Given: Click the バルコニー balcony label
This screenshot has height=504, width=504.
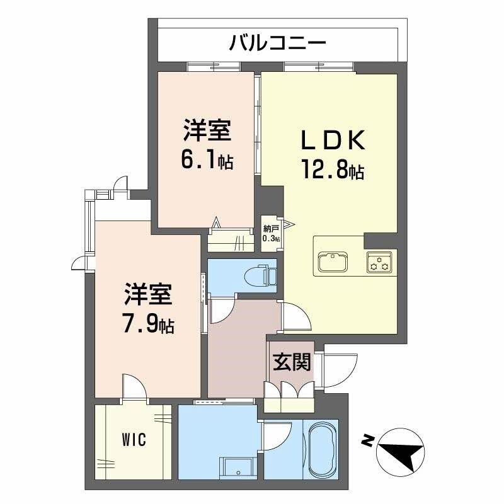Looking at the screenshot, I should click(277, 43).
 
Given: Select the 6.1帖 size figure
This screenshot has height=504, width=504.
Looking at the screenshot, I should click(207, 161).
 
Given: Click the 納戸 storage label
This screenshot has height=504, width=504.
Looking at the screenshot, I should click(271, 231).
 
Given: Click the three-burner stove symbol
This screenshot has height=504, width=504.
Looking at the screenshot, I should click(380, 261).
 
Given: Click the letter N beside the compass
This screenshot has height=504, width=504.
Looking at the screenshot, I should click(365, 440).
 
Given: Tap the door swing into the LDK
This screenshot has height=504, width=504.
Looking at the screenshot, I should click(295, 318).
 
